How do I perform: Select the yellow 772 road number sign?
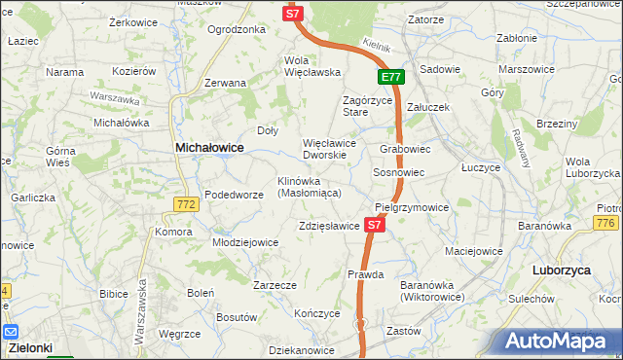point(188,204)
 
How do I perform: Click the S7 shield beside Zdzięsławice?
point(376,225)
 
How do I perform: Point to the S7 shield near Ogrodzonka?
point(293,13)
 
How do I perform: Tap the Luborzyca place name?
point(563,269)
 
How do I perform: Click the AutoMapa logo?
point(559,340)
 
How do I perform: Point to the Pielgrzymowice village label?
point(412,207)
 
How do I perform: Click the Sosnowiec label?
point(399,172)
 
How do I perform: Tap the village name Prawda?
point(365,274)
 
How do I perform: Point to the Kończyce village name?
point(316,313)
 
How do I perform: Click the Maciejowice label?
point(473,251)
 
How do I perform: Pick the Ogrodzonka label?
point(237,29)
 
